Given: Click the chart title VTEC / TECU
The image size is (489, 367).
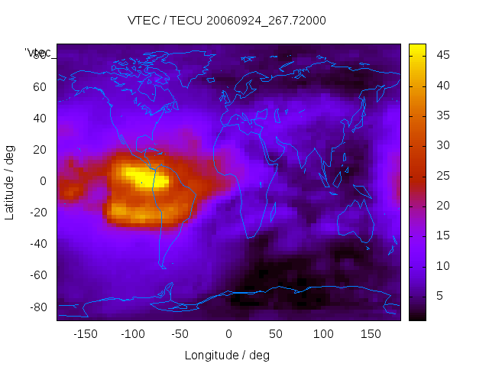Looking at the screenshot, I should (227, 21).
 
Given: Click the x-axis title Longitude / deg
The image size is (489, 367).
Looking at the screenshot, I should (227, 356).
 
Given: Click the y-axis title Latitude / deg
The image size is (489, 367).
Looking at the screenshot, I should (10, 180).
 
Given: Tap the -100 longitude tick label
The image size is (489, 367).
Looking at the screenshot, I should (133, 334).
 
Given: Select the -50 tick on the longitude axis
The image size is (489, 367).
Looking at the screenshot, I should (180, 334).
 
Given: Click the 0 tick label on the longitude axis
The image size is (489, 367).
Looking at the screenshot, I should (228, 334).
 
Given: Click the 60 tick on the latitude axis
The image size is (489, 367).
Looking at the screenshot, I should (39, 86).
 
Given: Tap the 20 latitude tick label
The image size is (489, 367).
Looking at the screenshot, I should (39, 149).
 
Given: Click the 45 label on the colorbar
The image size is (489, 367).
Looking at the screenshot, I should (442, 55).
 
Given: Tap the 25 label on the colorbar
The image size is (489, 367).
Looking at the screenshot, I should (442, 175).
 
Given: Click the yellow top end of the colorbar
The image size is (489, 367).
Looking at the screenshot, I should (417, 49).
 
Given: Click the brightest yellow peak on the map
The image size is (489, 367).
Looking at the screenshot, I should (139, 177).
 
